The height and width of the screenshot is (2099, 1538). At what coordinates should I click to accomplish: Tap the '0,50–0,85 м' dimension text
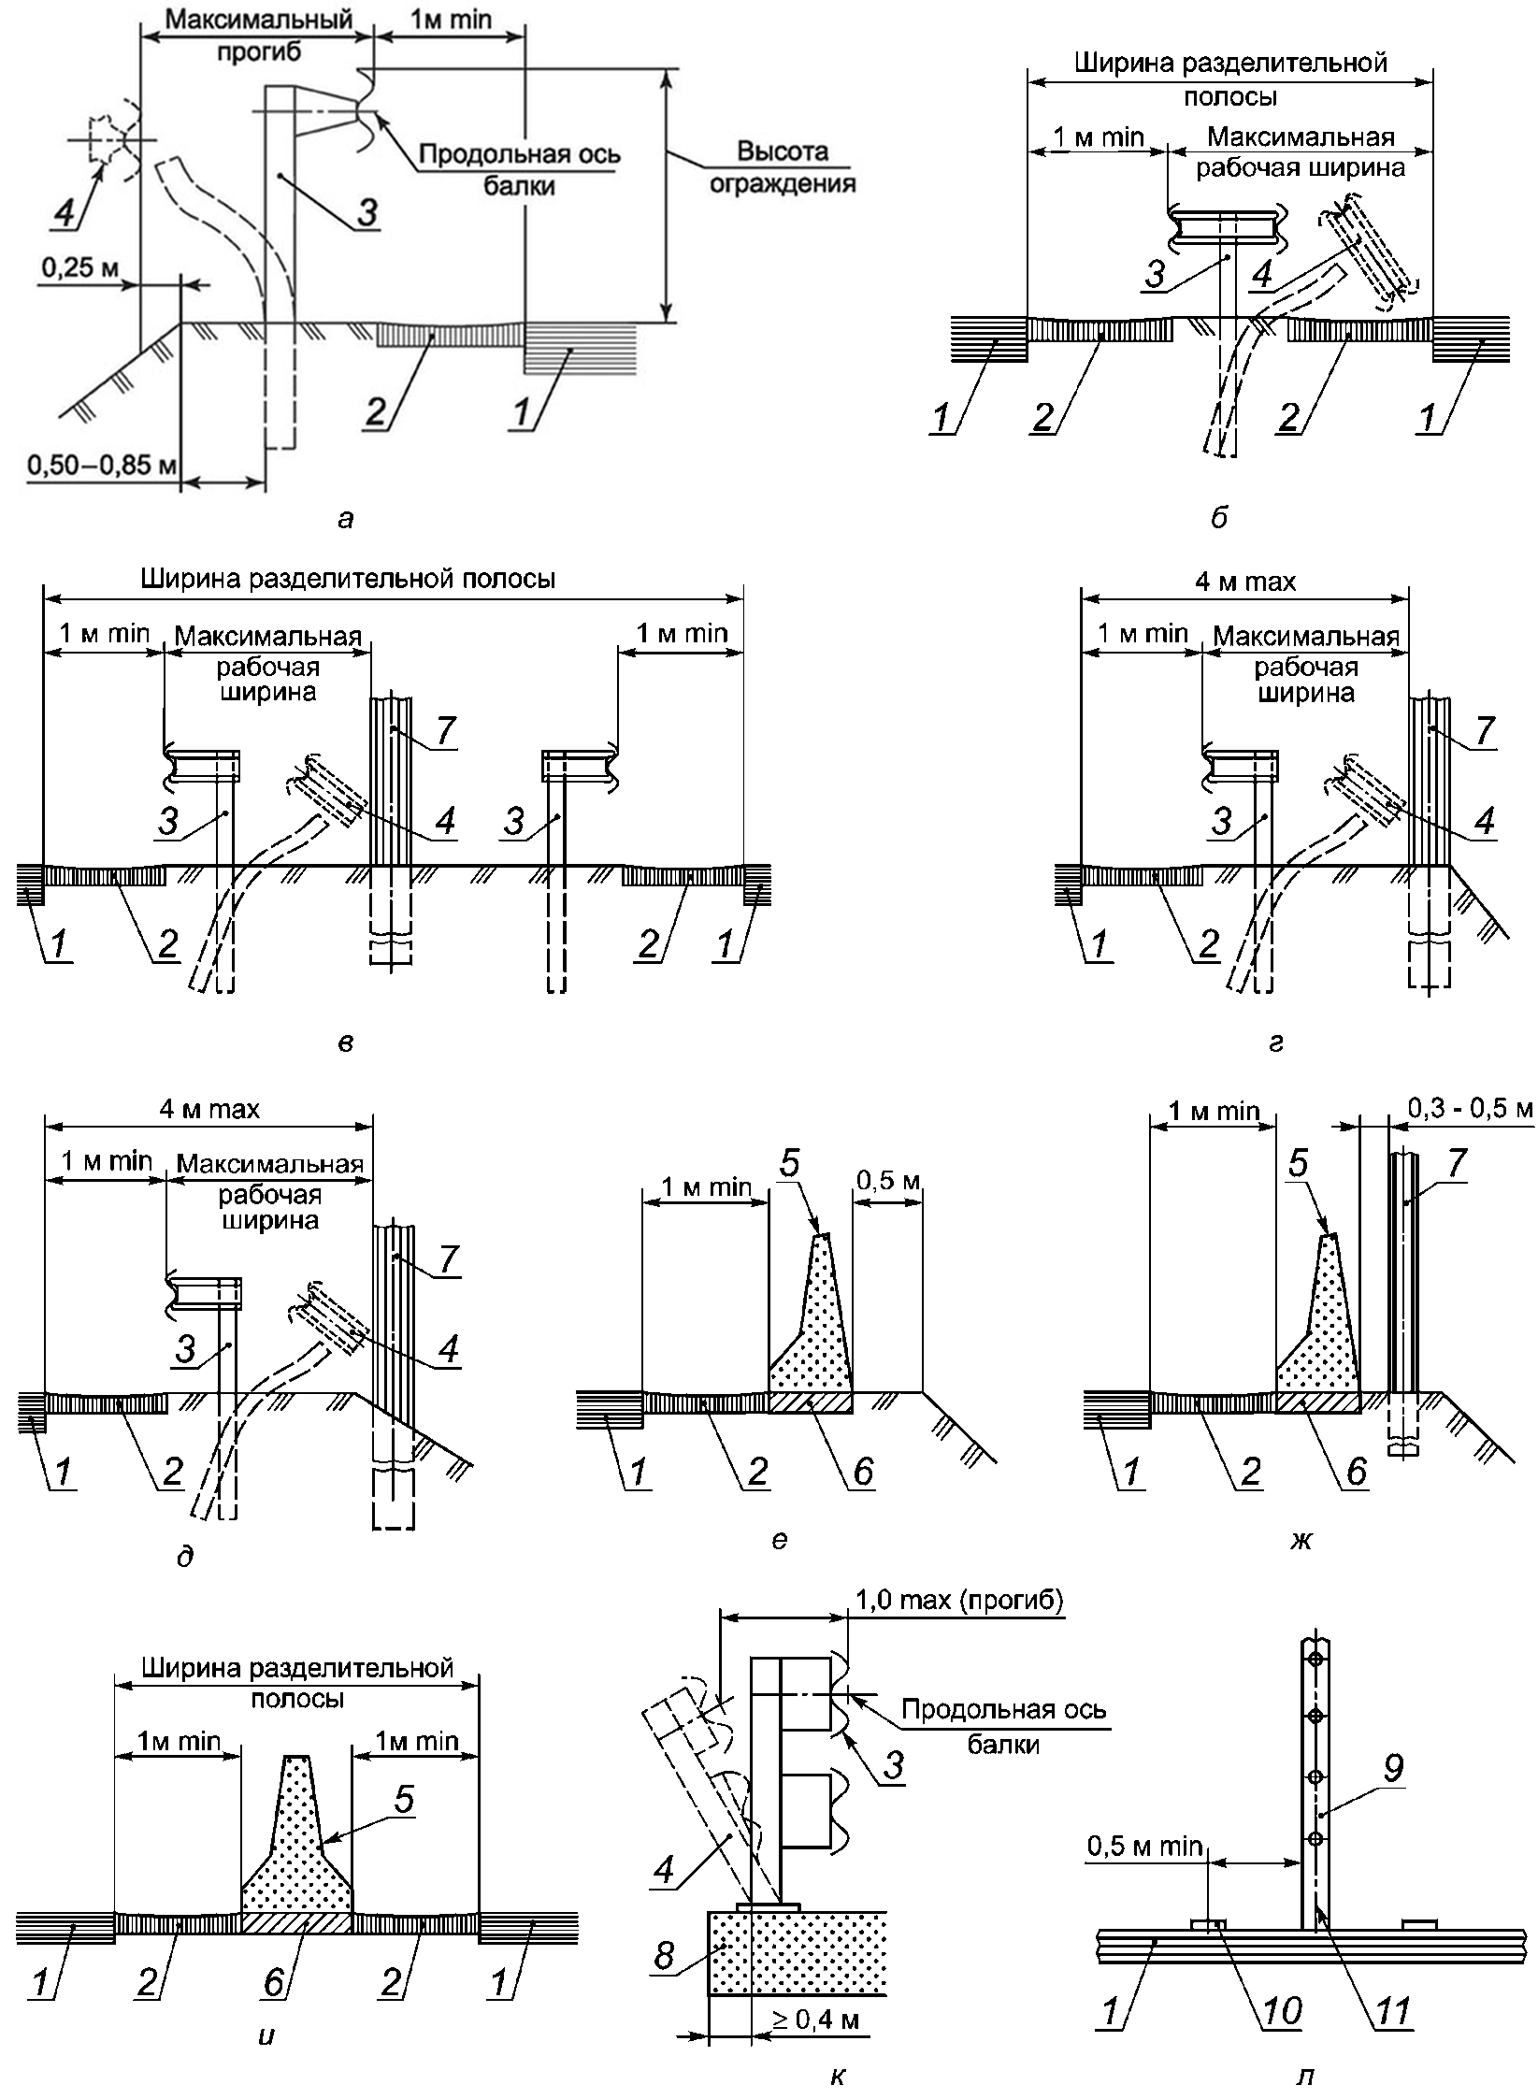coord(89,465)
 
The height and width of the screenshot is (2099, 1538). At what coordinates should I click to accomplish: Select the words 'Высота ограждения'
coord(782,166)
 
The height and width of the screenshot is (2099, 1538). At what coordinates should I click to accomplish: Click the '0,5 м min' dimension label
coord(1145,1839)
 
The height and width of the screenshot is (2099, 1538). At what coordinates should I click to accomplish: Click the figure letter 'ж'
coord(1302,1539)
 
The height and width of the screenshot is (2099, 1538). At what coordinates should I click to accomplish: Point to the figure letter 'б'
coord(1219,517)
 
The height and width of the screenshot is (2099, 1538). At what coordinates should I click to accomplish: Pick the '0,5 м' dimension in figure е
coord(889,1182)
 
